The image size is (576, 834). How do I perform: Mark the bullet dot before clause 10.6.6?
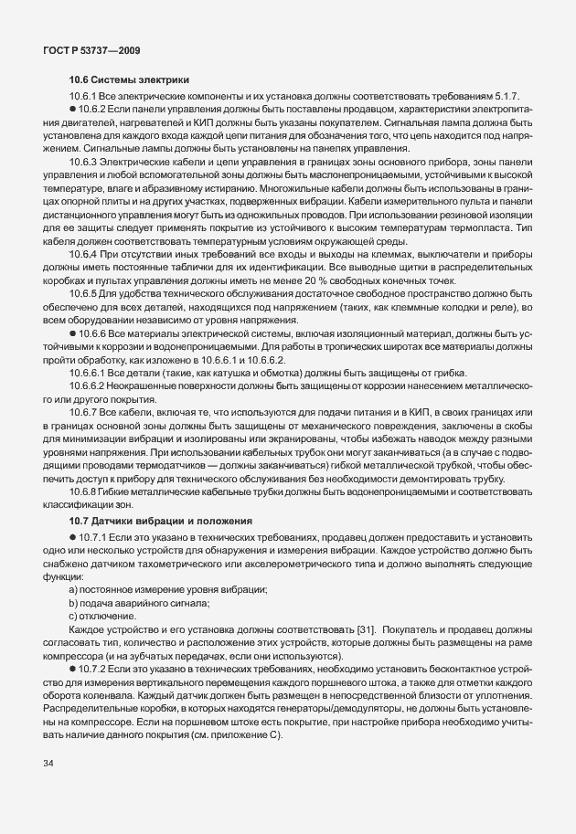[73, 335]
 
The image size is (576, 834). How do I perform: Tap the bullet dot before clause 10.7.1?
[73, 535]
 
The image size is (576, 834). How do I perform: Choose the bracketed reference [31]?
[362, 630]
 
